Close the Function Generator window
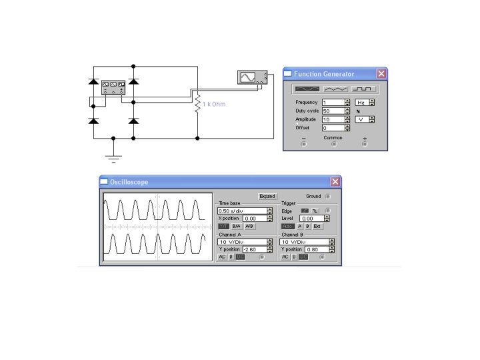coord(381,74)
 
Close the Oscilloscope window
coord(335,182)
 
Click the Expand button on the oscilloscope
coord(267,197)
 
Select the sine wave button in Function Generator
coord(307,88)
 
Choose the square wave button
coord(364,88)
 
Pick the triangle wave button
coord(336,88)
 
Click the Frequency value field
coord(333,103)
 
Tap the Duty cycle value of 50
coord(333,111)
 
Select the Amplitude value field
coord(333,119)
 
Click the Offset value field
coord(333,127)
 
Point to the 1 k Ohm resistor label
coord(214,105)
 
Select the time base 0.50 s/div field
coord(241,211)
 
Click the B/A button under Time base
coord(237,227)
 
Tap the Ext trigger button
coord(317,227)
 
